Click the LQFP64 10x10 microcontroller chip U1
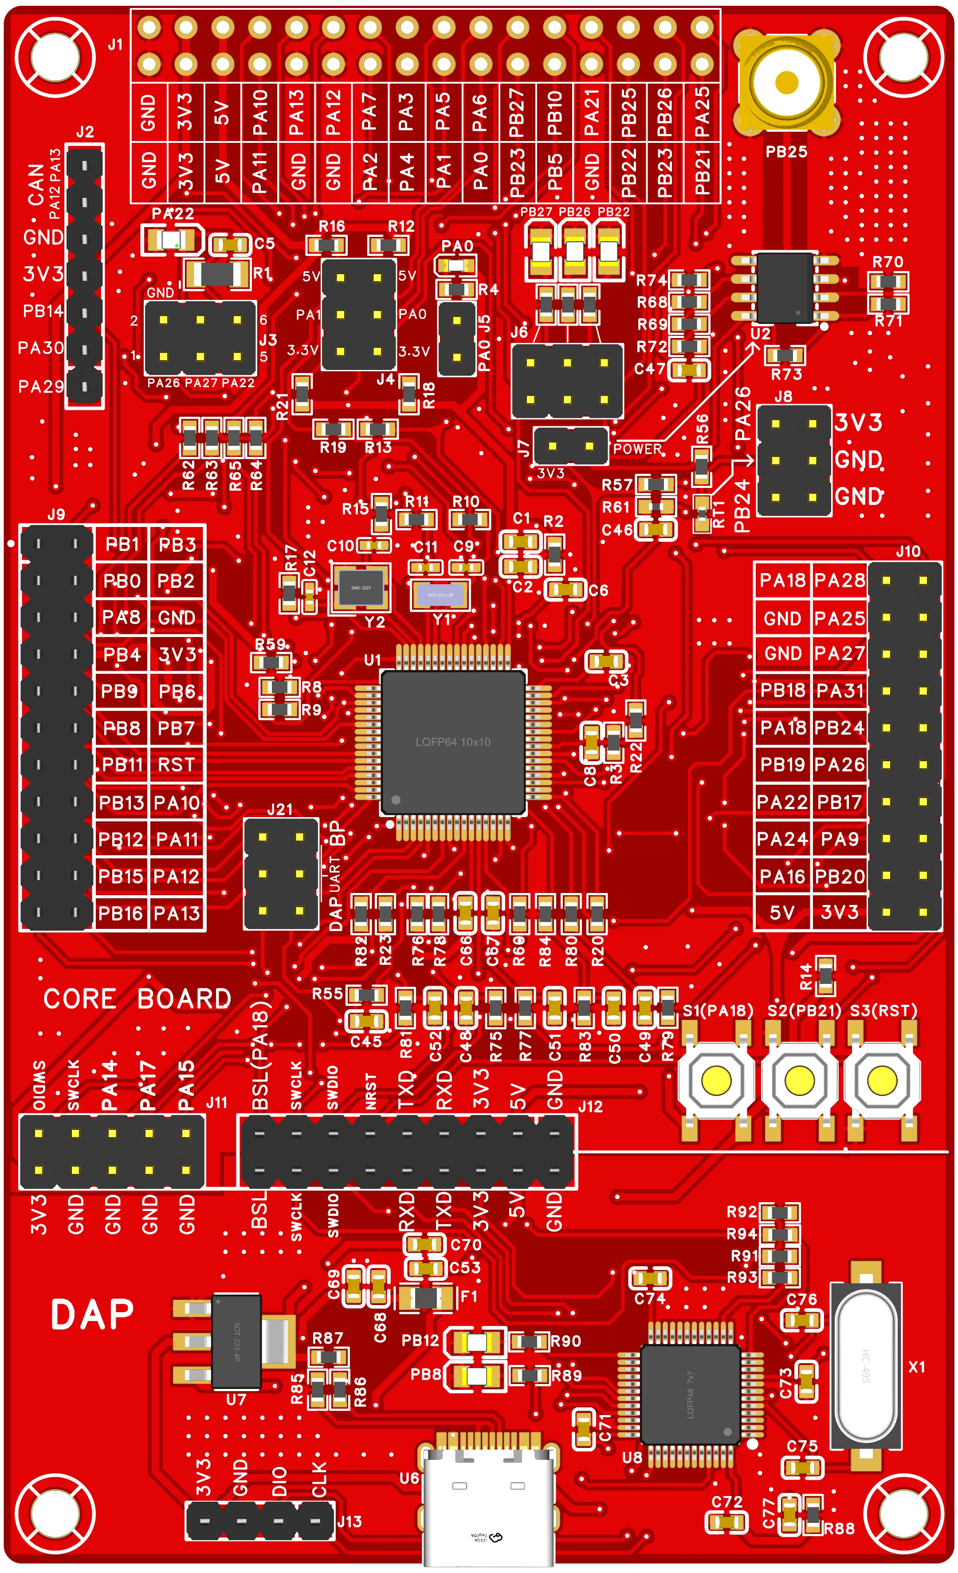click(453, 742)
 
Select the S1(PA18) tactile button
click(716, 1080)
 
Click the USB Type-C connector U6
click(488, 1506)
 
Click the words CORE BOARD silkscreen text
click(137, 999)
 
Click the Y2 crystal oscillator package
click(361, 587)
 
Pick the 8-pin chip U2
click(785, 287)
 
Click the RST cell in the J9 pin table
click(176, 765)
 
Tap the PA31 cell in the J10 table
click(839, 691)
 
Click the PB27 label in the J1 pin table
click(517, 113)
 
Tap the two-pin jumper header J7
click(571, 446)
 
